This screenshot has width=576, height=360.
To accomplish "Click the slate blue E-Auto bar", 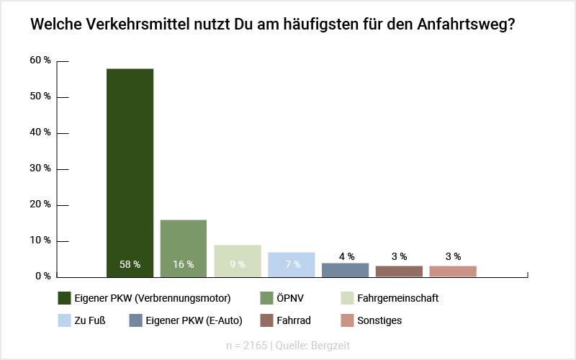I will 345,270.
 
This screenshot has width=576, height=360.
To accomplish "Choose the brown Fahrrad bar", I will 399,271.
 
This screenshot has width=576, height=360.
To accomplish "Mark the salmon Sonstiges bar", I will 453,271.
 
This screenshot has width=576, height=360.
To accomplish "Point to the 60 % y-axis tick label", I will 40,60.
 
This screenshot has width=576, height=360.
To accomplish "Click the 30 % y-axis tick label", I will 40,168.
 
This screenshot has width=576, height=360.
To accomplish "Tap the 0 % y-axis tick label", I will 43,276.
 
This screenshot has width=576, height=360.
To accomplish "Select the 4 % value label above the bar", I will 346,256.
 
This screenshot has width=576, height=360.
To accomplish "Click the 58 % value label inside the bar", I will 130,264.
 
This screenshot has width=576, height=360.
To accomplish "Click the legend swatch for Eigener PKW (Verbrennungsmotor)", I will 64,298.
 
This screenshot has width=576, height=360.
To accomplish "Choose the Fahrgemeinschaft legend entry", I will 397,298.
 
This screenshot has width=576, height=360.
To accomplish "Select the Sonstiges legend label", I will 400,320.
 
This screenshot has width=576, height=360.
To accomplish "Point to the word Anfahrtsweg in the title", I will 465,24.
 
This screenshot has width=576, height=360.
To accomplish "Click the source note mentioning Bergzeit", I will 288,345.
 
